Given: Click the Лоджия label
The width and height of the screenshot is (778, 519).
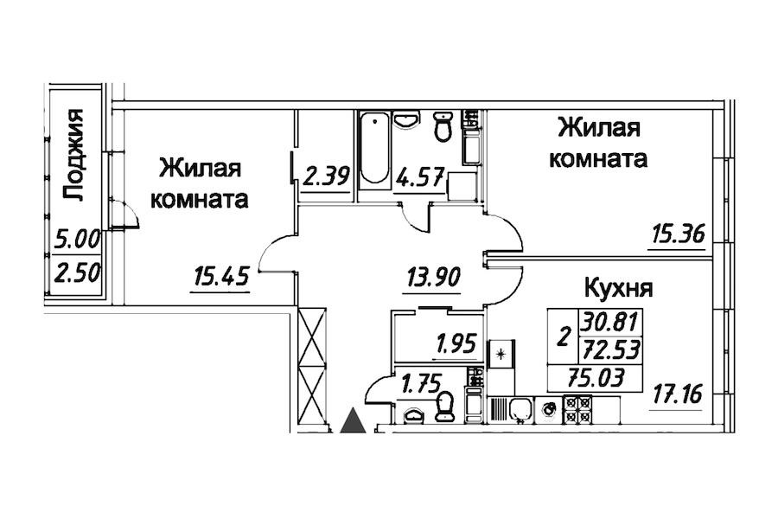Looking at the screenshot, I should (x=76, y=156).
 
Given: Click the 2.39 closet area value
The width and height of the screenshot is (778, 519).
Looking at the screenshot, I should (x=326, y=177).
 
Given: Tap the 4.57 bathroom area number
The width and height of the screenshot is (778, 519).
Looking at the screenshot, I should (x=421, y=177).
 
